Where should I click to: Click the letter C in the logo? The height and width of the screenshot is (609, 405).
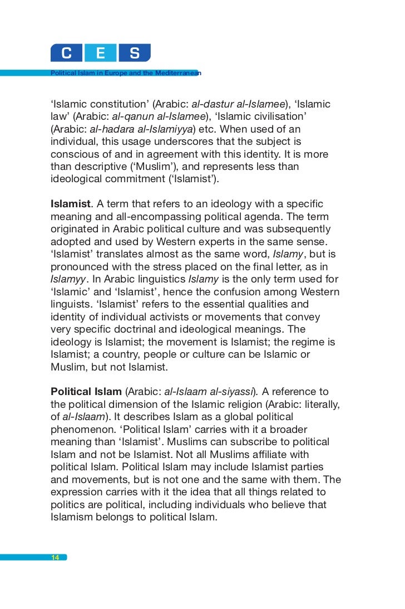pos(67,53)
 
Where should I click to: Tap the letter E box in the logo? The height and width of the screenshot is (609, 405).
pos(101,53)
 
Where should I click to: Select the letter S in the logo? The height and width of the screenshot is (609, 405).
pos(134,53)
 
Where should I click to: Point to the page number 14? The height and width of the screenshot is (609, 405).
pos(55,557)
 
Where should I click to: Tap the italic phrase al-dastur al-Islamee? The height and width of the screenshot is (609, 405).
pos(238,105)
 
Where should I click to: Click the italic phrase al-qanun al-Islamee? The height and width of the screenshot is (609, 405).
pos(159,117)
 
